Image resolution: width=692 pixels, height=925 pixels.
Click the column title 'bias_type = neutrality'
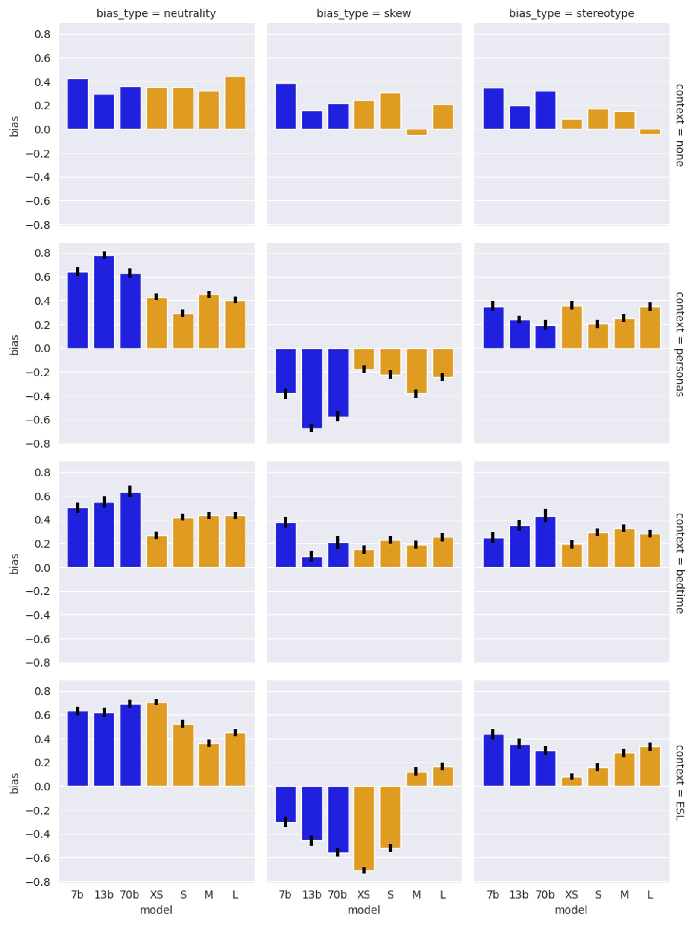(156, 13)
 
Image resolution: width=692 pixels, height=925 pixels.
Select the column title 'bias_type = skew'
(364, 13)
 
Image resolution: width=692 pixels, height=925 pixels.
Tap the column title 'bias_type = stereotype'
(571, 13)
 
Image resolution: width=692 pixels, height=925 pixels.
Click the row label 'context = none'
(679, 125)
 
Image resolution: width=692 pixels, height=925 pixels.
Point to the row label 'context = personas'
(679, 344)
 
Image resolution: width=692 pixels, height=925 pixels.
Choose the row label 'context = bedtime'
(679, 563)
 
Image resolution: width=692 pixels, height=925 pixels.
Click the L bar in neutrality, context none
(235, 103)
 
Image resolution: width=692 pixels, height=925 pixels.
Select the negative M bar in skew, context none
(416, 132)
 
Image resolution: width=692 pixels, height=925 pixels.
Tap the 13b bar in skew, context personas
(312, 388)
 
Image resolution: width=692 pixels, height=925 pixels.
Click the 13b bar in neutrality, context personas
(104, 302)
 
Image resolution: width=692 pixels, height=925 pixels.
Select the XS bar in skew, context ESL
(364, 828)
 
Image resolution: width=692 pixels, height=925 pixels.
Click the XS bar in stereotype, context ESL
(572, 781)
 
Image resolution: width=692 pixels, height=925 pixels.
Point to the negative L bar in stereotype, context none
(650, 132)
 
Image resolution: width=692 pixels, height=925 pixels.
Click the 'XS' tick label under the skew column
(364, 895)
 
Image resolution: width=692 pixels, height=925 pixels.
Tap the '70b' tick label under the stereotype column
(545, 895)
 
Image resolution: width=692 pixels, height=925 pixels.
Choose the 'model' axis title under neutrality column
(156, 910)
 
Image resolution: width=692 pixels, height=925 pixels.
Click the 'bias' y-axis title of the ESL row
(14, 783)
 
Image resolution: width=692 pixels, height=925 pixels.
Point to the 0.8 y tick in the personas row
(42, 253)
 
